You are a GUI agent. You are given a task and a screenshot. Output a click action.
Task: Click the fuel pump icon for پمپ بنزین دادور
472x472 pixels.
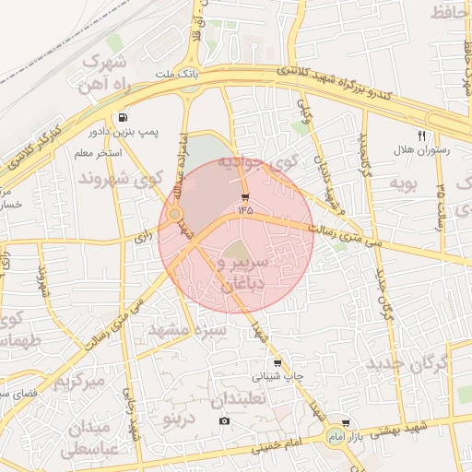tap(124, 117)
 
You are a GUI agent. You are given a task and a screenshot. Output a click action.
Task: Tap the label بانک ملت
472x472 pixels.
tap(176, 73)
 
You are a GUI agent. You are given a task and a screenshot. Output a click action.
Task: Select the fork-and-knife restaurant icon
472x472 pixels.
tap(421, 135)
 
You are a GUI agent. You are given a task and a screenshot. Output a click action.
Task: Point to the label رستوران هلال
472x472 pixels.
tap(421, 149)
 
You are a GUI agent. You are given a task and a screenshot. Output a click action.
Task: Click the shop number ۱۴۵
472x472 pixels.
tap(244, 210)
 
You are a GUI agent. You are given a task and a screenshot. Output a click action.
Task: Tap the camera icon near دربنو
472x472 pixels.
tap(224, 421)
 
